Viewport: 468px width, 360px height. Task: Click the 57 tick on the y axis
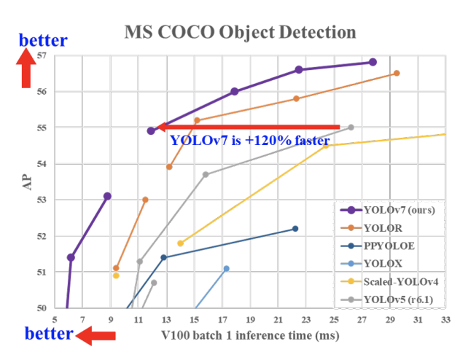coord(41,56)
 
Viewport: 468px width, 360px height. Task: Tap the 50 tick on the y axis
coord(41,308)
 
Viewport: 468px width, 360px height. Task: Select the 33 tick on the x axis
coord(445,319)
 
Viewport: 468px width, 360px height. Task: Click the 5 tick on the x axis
coord(54,319)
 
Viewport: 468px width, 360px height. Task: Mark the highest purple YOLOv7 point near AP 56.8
coord(373,62)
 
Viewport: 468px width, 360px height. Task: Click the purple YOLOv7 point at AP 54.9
coord(151,130)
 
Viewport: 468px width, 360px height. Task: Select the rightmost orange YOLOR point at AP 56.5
coord(396,73)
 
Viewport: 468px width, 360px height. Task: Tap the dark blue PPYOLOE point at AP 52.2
coord(295,229)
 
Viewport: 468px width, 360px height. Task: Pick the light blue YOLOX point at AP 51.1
coord(226,268)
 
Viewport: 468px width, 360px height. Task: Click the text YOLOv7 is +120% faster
coord(249,141)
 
